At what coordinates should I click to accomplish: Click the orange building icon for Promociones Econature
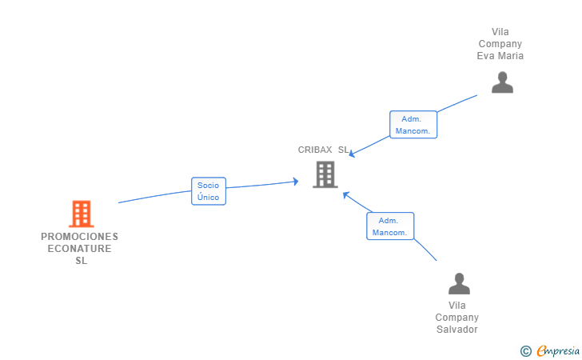pyautogui.click(x=82, y=214)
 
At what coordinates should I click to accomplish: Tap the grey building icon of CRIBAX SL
pyautogui.click(x=325, y=174)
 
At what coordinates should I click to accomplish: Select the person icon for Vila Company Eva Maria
pyautogui.click(x=502, y=82)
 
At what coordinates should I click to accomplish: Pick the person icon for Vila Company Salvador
pyautogui.click(x=459, y=283)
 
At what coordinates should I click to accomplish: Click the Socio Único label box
pyautogui.click(x=209, y=191)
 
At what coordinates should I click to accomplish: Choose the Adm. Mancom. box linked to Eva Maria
pyautogui.click(x=413, y=125)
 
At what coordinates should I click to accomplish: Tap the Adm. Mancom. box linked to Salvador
pyautogui.click(x=390, y=226)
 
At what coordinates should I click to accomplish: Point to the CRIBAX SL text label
pyautogui.click(x=323, y=150)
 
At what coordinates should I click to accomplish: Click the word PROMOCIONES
pyautogui.click(x=79, y=237)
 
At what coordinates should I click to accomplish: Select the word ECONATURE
pyautogui.click(x=79, y=249)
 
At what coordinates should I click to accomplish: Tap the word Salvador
pyautogui.click(x=457, y=329)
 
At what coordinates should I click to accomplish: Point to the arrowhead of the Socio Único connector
pyautogui.click(x=296, y=182)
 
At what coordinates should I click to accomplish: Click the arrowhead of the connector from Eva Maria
pyautogui.click(x=352, y=154)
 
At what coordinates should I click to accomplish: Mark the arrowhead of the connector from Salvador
pyautogui.click(x=345, y=194)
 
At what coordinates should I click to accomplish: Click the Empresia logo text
pyautogui.click(x=558, y=350)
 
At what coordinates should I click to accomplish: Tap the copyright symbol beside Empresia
pyautogui.click(x=525, y=351)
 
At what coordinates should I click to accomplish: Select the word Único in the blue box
pyautogui.click(x=208, y=198)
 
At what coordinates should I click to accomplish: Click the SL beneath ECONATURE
pyautogui.click(x=82, y=261)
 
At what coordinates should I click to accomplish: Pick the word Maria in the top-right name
pyautogui.click(x=511, y=56)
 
